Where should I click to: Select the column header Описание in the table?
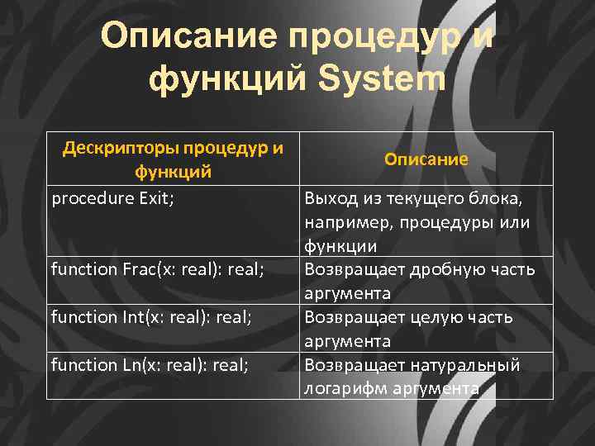[x=426, y=159]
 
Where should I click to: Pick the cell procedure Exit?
[x=112, y=199]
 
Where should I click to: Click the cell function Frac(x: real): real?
[x=157, y=269]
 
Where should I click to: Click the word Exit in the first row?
[x=155, y=199]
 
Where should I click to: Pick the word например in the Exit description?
[x=341, y=223]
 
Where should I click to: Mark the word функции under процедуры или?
[x=340, y=246]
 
